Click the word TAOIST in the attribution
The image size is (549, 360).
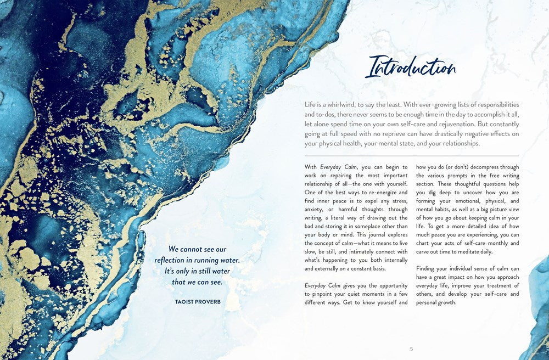(x=178, y=302)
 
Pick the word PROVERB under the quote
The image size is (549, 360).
(x=205, y=302)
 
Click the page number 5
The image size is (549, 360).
(x=411, y=348)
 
